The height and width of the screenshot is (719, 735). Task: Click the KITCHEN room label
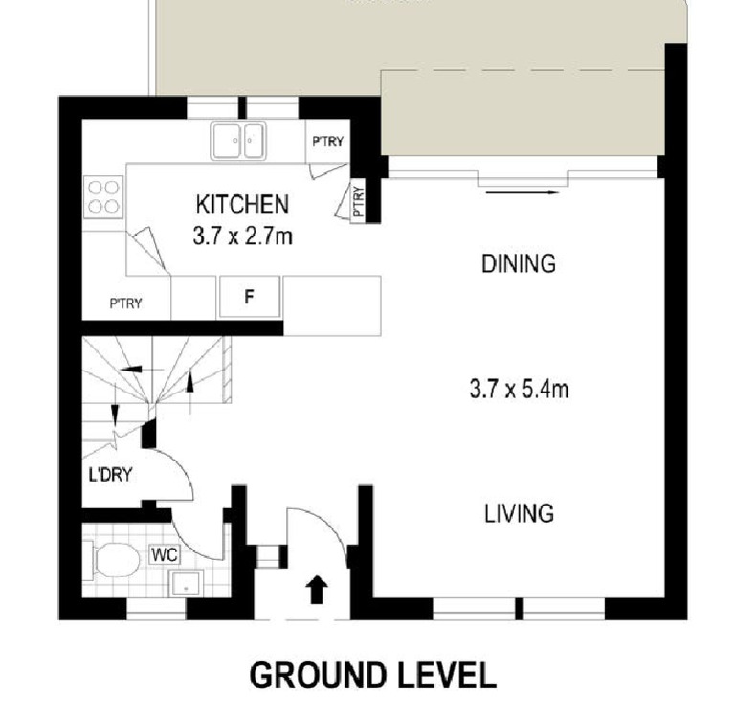[241, 204]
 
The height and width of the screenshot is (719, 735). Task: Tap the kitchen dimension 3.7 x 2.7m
[241, 236]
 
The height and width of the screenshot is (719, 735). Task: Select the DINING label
[518, 264]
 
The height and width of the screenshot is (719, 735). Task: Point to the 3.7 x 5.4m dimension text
[520, 390]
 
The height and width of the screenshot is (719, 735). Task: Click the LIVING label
[518, 513]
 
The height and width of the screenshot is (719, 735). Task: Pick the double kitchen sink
[237, 141]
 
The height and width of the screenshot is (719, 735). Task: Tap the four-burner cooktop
[102, 196]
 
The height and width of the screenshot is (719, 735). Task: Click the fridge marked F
[248, 297]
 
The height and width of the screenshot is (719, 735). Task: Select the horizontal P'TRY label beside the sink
[327, 142]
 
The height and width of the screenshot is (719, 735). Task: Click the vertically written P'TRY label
[359, 202]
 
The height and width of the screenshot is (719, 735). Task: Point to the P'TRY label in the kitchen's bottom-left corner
[125, 303]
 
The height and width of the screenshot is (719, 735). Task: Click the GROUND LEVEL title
[372, 675]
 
